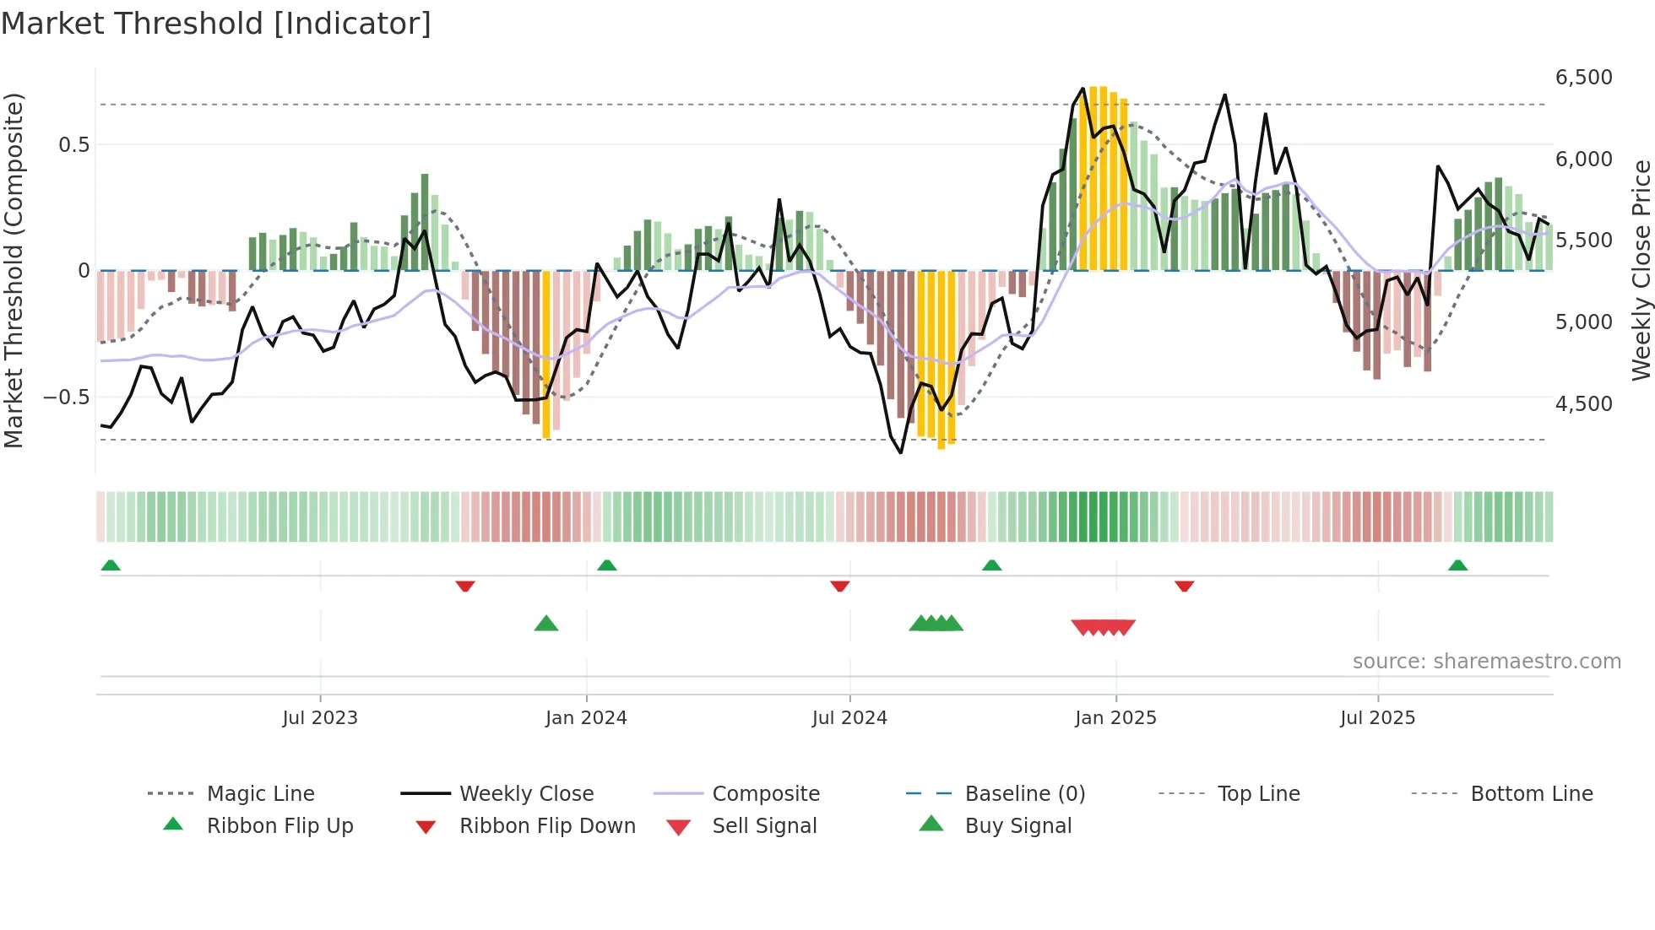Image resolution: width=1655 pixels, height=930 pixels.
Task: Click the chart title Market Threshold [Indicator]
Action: [216, 24]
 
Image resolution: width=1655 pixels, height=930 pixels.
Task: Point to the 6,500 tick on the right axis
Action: [1583, 78]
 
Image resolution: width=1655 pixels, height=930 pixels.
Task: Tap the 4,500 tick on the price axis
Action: [1583, 404]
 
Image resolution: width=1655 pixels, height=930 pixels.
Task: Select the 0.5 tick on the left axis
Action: [73, 145]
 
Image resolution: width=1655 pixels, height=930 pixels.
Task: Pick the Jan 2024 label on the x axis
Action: [586, 718]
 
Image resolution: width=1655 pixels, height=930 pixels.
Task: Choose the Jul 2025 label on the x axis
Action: [1377, 718]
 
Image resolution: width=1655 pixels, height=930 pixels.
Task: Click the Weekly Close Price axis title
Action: [1641, 270]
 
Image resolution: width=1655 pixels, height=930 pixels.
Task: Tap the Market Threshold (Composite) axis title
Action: [14, 270]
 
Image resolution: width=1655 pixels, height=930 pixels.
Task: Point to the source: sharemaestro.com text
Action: [1486, 662]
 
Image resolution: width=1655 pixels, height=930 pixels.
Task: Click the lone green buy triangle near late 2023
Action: [546, 624]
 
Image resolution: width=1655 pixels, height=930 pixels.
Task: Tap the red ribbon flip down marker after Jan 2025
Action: [1184, 586]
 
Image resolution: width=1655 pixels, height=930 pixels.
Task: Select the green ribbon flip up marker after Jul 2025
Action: [1457, 565]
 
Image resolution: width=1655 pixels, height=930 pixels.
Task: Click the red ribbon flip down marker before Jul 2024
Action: [839, 586]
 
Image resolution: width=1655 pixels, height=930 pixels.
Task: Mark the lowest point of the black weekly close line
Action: [901, 453]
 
